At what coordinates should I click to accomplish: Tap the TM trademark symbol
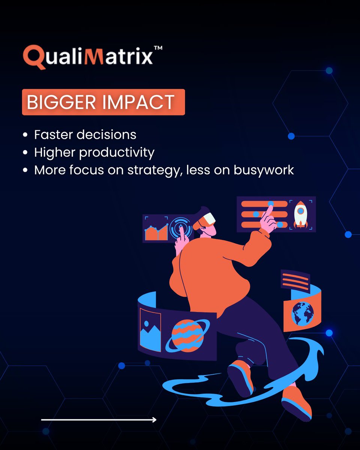(x=158, y=49)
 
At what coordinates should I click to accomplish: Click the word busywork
(x=264, y=170)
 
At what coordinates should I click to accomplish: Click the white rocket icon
(x=300, y=214)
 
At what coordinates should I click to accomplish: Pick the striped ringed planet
(x=187, y=335)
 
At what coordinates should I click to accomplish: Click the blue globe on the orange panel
(x=303, y=313)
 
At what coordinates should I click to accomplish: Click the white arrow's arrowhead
(x=154, y=420)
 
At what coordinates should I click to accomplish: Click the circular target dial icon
(x=181, y=227)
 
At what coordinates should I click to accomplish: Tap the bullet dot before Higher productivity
(x=25, y=153)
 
